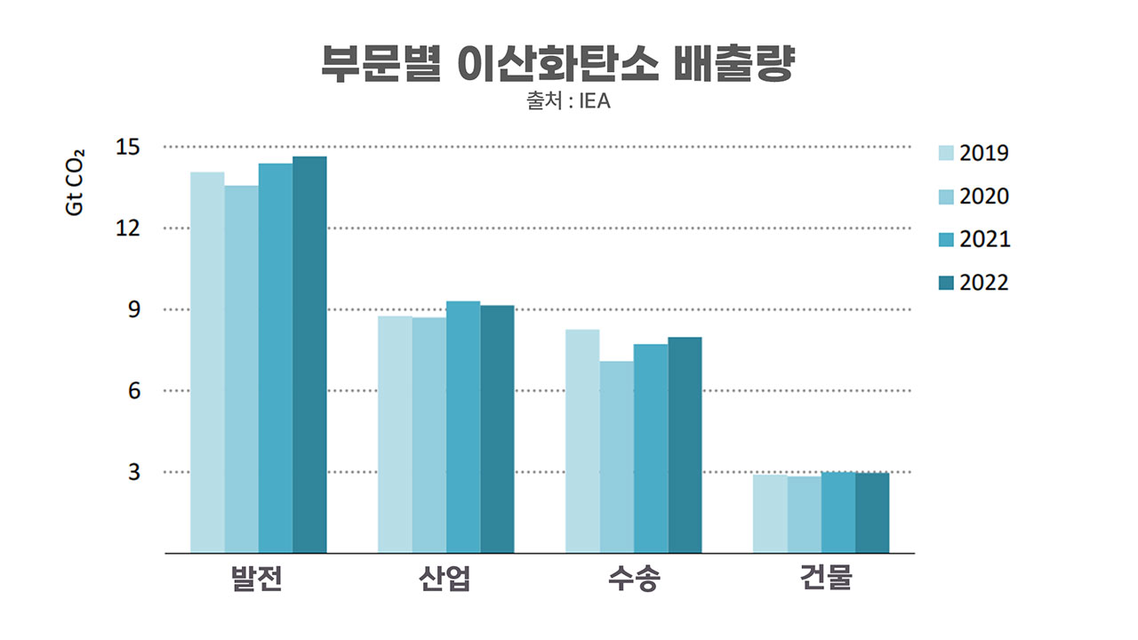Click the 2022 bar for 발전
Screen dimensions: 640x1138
click(x=309, y=355)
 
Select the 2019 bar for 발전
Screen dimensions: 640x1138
click(x=207, y=362)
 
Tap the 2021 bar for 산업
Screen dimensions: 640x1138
click(x=463, y=427)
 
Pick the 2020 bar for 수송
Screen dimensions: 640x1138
click(x=616, y=457)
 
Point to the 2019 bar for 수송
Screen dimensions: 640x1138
click(x=582, y=441)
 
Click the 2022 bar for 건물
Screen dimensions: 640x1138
click(x=872, y=513)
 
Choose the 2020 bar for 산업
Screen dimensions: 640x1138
click(x=429, y=435)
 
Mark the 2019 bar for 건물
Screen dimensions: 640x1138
click(x=770, y=514)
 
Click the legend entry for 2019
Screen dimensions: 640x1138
click(x=974, y=154)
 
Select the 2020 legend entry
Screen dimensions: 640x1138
click(x=974, y=196)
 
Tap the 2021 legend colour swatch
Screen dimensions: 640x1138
click(x=947, y=240)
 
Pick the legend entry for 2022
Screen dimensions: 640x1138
click(x=974, y=283)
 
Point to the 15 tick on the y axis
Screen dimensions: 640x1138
click(x=128, y=147)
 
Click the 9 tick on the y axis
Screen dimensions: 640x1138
click(x=133, y=309)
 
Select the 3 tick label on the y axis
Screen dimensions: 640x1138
click(x=133, y=472)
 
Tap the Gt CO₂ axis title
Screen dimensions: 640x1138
click(x=75, y=181)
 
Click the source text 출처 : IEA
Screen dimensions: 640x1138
click(x=568, y=101)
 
